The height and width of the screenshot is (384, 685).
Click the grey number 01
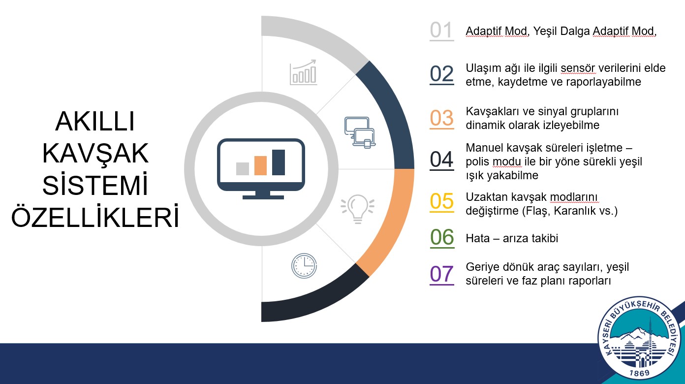point(441,31)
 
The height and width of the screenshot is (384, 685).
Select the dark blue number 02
point(441,74)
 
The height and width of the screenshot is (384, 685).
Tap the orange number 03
point(441,118)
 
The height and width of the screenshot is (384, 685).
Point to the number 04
point(441,160)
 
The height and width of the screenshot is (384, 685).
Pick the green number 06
point(442,237)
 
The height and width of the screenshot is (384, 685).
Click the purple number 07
point(441,274)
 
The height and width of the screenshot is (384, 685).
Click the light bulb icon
point(357,209)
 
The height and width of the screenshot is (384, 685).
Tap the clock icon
point(304,265)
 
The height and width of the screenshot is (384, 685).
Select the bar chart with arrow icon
point(303,72)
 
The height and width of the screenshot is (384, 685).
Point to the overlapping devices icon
point(360,132)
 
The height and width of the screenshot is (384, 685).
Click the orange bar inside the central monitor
point(260,165)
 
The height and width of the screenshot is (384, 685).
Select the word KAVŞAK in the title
point(95,153)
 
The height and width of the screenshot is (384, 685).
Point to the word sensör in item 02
point(578,68)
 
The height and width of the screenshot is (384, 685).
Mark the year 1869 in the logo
point(639,373)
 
